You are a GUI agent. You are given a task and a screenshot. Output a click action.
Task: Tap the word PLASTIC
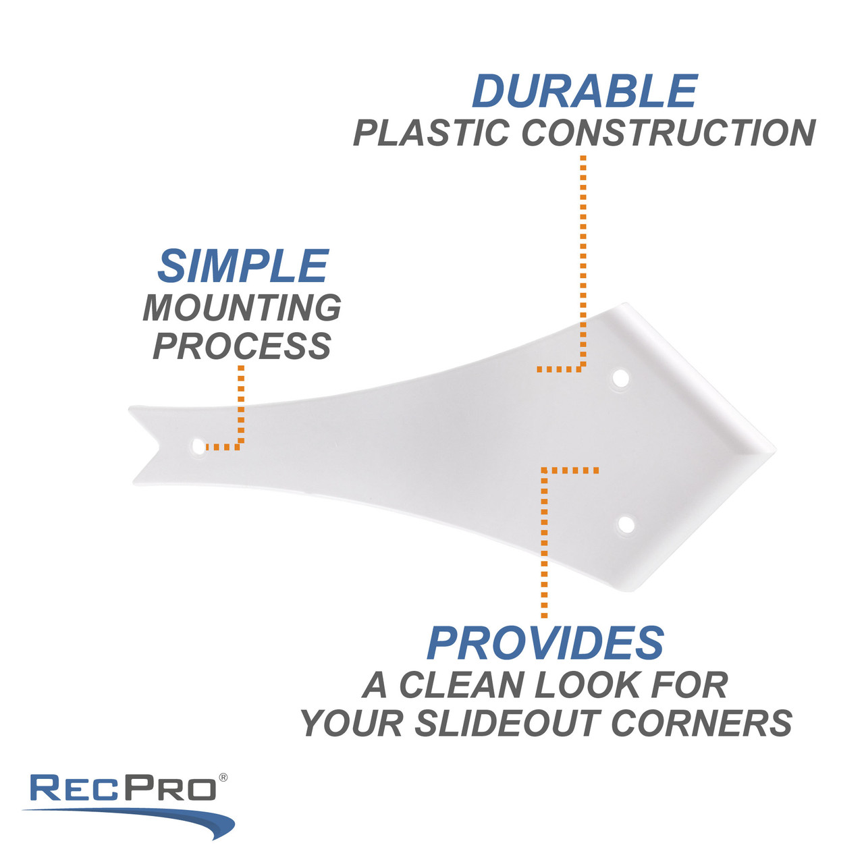pyautogui.click(x=431, y=133)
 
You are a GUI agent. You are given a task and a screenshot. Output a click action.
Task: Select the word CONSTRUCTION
pyautogui.click(x=669, y=133)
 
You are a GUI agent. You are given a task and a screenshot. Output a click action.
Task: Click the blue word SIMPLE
pyautogui.click(x=243, y=266)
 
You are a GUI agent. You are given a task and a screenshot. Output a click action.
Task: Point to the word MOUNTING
pyautogui.click(x=242, y=308)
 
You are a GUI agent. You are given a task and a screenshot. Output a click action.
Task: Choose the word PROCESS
pyautogui.click(x=242, y=346)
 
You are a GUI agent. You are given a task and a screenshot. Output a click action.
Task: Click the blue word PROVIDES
pyautogui.click(x=545, y=643)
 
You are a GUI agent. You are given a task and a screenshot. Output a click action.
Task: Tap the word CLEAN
pyautogui.click(x=462, y=686)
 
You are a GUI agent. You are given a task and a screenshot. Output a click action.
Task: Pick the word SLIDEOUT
pyautogui.click(x=508, y=724)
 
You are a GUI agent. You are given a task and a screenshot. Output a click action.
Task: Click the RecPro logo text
pyautogui.click(x=123, y=788)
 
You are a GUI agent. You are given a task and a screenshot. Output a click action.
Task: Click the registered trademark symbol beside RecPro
pyautogui.click(x=223, y=778)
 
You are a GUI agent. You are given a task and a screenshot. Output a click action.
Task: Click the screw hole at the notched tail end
pyautogui.click(x=198, y=446)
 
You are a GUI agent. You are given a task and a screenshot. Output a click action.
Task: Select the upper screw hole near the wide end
pyautogui.click(x=620, y=378)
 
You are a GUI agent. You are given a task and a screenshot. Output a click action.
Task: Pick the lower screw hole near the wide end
pyautogui.click(x=626, y=524)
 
